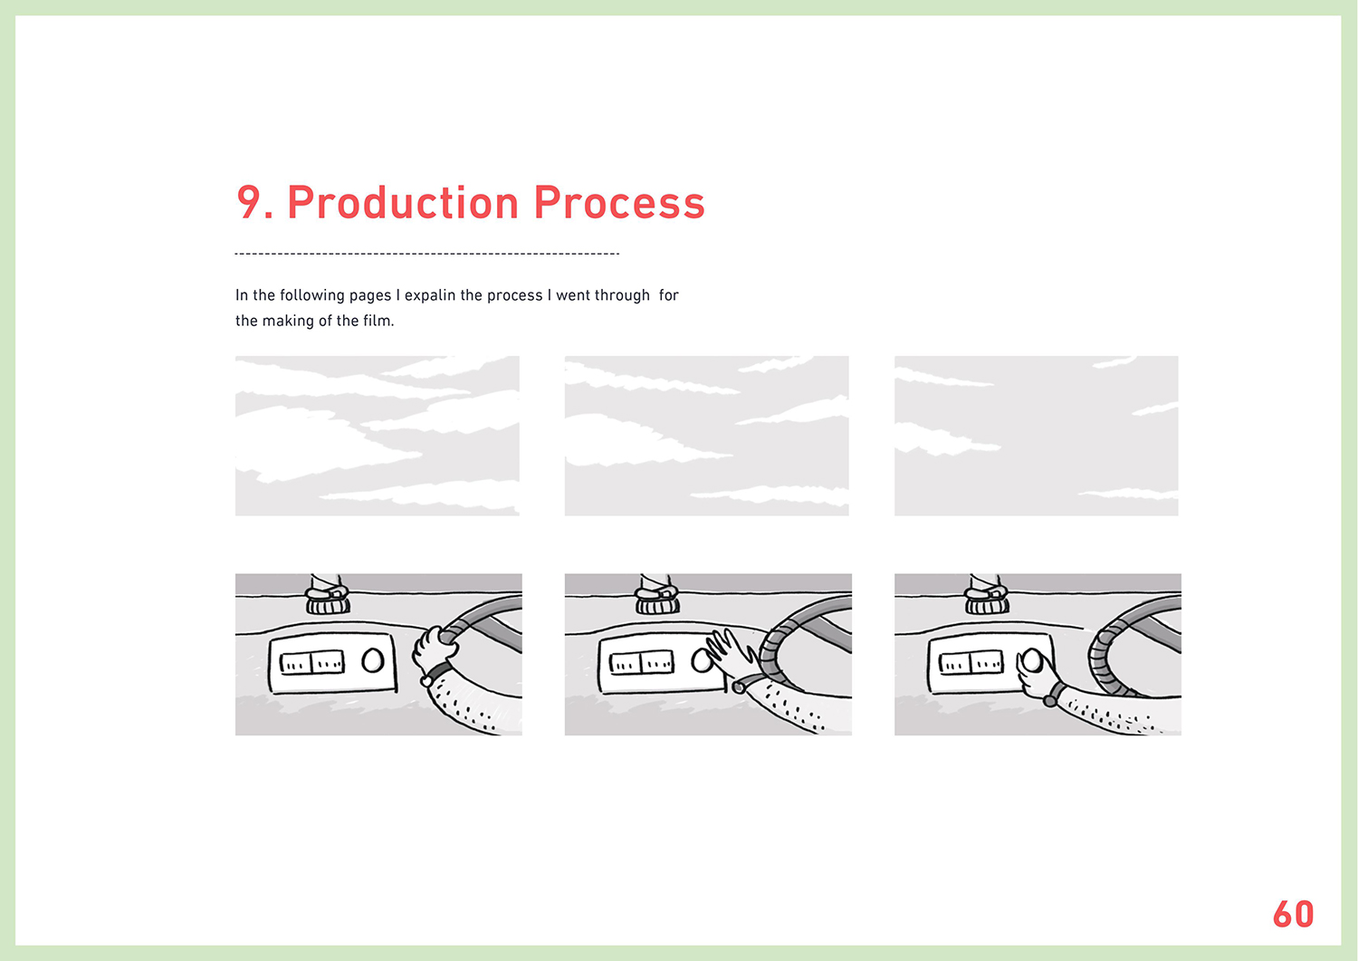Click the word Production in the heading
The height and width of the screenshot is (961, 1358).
coord(403,202)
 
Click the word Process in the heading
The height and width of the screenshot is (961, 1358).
coord(619,202)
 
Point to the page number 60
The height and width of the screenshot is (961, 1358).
coord(1293,914)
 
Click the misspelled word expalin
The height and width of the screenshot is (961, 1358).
coord(430,295)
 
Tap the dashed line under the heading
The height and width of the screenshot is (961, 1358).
coord(426,254)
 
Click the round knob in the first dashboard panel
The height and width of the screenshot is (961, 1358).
coord(372,660)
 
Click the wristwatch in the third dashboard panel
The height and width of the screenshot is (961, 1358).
coord(1054,694)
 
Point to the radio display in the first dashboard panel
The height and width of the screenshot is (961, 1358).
coord(312,662)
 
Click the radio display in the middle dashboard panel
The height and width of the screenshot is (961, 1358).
coord(641,662)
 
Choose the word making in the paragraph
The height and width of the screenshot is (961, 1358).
coord(289,321)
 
